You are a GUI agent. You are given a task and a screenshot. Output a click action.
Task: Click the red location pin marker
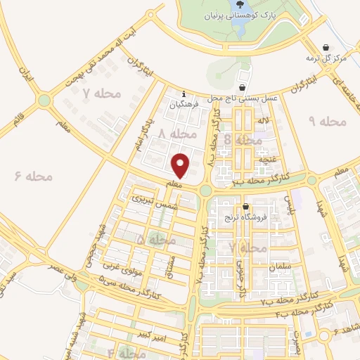click(x=181, y=165)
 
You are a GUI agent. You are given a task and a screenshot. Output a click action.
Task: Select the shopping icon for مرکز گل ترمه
click(x=325, y=47)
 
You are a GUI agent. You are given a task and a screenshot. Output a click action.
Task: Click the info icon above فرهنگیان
click(x=184, y=94)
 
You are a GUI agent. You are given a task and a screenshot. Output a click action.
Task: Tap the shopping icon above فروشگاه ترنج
click(x=245, y=207)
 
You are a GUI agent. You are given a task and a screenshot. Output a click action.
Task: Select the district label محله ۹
click(x=328, y=122)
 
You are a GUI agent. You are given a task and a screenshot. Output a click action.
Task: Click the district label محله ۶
click(x=34, y=175)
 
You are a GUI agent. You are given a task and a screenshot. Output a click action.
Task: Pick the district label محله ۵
click(x=155, y=240)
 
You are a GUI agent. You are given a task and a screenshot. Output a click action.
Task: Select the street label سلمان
click(x=280, y=266)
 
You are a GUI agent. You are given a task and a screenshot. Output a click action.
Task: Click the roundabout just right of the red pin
click(x=205, y=190)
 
